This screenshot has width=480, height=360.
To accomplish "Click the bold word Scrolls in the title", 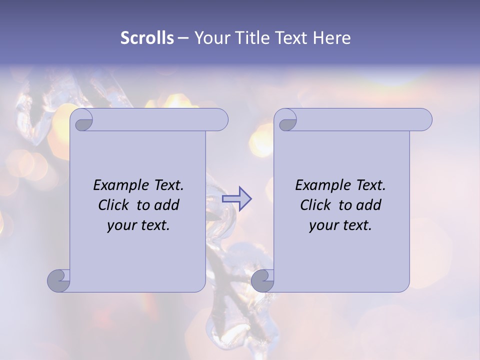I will pos(147,38).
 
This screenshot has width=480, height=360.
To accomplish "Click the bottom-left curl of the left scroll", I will pos(59,280).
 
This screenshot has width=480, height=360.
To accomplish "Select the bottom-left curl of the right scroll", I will pos(263,280).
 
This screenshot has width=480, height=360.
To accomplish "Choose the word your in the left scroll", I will pos(120,225).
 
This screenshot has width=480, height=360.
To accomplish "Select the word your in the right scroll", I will pos(322,225).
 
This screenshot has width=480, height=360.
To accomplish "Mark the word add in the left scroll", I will pos(167,205).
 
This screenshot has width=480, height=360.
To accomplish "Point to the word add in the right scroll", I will pos(369,205).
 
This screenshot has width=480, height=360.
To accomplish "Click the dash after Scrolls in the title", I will pos(183,38).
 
